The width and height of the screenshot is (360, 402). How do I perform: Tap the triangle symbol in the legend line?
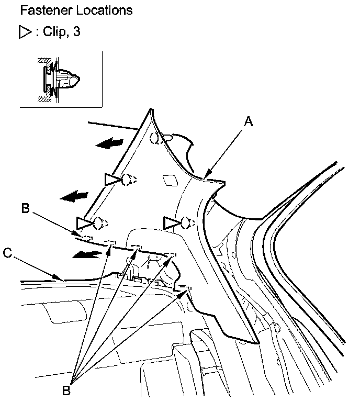(22, 32)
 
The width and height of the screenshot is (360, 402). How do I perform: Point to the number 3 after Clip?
(76, 32)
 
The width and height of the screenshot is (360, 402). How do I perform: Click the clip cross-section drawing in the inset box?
(59, 80)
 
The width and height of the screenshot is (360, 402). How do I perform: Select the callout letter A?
(249, 122)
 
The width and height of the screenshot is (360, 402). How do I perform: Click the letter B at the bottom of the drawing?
(67, 390)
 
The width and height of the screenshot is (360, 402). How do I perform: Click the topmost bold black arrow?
(112, 143)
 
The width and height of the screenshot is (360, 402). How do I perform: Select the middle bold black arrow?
(74, 196)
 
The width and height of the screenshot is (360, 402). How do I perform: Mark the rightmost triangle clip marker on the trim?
(172, 223)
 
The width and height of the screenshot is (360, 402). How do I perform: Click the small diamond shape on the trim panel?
(170, 180)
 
